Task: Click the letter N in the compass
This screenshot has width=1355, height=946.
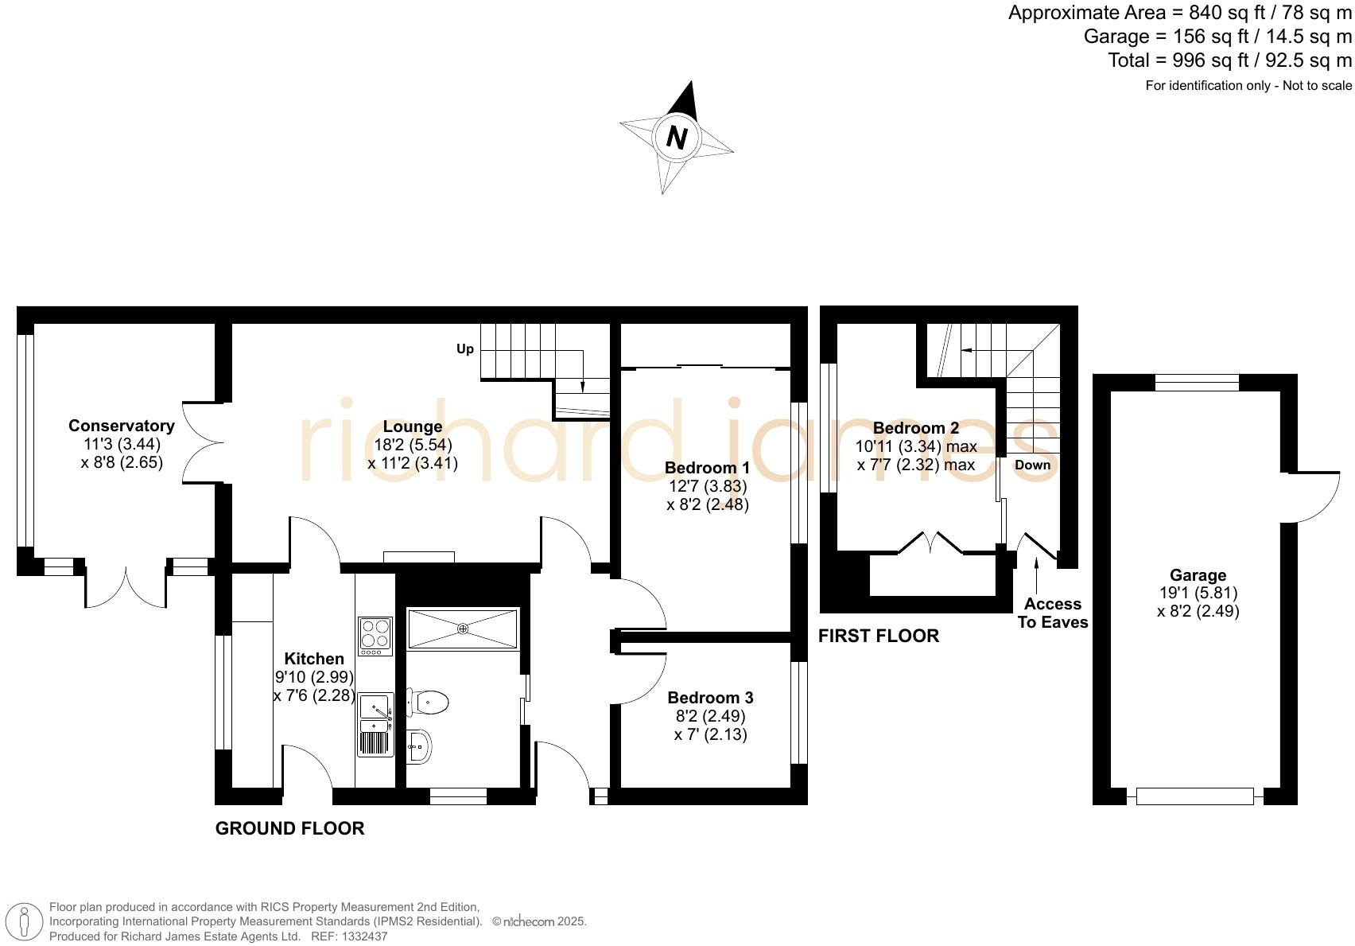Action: tap(677, 138)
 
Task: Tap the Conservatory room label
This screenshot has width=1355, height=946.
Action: tap(121, 426)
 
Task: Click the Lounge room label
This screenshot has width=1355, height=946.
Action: tap(412, 426)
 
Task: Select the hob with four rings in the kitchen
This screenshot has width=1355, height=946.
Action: tap(375, 636)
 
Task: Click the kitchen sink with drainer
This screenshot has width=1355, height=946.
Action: tap(375, 724)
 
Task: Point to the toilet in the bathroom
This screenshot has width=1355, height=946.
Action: tap(429, 702)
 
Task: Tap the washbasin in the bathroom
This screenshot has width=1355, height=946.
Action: tap(419, 746)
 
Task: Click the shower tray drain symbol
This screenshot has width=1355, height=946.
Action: tap(463, 629)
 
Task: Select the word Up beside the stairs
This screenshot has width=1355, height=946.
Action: tap(465, 348)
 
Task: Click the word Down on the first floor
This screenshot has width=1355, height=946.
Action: tap(1032, 465)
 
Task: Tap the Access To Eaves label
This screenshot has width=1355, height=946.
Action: tap(1053, 613)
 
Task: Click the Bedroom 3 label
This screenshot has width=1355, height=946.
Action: tap(710, 698)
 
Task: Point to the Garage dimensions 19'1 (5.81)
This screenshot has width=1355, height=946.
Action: tap(1198, 593)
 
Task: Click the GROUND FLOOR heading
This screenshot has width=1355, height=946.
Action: tap(289, 828)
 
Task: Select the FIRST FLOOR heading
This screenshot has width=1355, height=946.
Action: tap(879, 636)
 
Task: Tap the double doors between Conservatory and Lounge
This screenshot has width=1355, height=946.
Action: tap(199, 442)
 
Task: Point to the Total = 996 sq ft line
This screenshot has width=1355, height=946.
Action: tap(1229, 60)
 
